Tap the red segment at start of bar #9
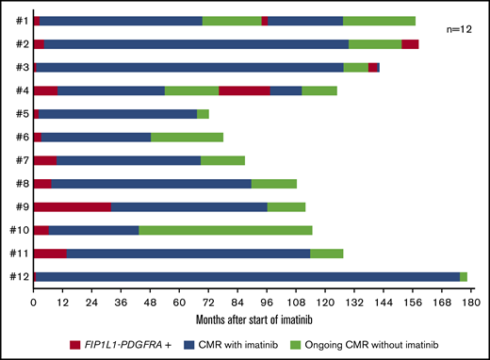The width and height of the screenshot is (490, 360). coord(72,206)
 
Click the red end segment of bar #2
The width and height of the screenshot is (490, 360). coord(410,43)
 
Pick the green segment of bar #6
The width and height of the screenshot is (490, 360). coord(187,137)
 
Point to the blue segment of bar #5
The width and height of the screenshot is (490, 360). coord(118,113)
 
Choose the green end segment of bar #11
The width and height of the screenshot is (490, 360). coord(326,253)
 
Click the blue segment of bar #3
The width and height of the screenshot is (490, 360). coord(189,67)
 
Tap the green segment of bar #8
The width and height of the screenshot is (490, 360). coord(274,183)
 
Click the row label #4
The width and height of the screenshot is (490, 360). coord(20,90)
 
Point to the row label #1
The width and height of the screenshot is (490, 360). coord(20,21)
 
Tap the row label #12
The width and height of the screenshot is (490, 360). coord(17,275)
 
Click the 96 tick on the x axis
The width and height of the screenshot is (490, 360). coord(267,295)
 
